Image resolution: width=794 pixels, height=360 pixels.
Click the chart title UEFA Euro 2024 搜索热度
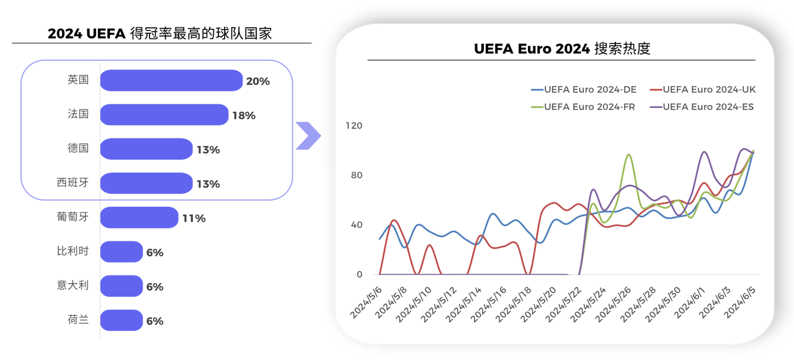tap(562, 49)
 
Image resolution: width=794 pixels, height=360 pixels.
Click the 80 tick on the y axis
tap(356, 175)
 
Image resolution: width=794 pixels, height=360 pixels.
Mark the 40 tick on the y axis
tap(356, 225)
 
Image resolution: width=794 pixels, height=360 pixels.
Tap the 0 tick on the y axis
tap(359, 274)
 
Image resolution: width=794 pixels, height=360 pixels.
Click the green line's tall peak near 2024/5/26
tap(629, 155)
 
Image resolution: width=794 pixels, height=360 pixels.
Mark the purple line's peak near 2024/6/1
tap(704, 151)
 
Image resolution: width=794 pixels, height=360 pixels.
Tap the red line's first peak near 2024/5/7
tap(394, 220)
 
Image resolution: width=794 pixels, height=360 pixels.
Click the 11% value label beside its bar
tap(194, 218)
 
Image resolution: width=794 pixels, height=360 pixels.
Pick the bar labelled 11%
tap(140, 218)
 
